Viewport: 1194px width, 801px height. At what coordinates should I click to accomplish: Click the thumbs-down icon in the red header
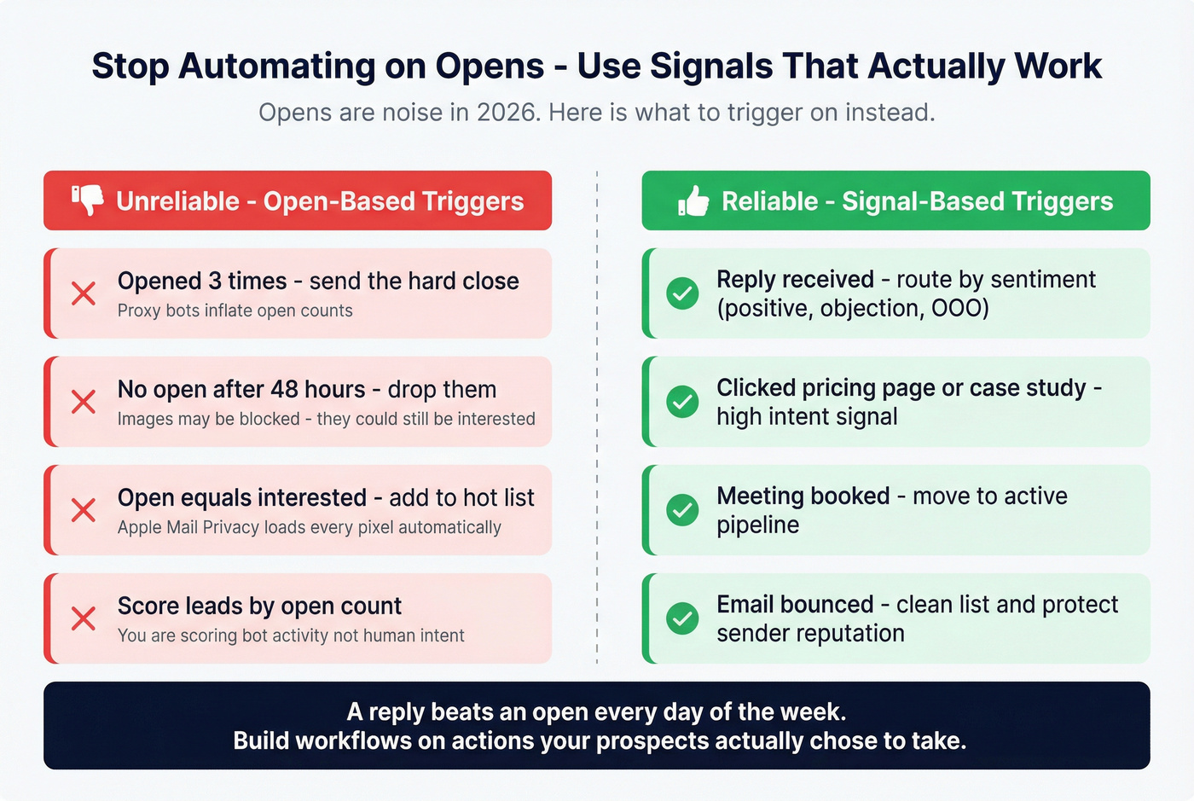click(88, 200)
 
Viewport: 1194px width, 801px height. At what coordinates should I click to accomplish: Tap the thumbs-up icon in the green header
click(693, 201)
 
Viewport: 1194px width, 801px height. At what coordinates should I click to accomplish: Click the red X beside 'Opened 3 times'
click(84, 293)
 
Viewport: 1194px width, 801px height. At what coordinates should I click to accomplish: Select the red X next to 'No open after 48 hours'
click(84, 402)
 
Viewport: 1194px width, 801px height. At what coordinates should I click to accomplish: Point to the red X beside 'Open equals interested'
click(84, 510)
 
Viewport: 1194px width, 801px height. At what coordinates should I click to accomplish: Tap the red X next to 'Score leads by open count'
click(84, 618)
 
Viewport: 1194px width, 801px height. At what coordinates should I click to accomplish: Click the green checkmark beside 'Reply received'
click(682, 293)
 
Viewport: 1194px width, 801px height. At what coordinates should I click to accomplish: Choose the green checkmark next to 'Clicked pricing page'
click(682, 402)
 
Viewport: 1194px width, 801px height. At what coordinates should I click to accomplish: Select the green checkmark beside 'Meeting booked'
click(682, 510)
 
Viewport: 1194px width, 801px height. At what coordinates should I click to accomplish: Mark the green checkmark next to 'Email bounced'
click(682, 618)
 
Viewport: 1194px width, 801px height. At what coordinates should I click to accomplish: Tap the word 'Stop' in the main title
click(130, 67)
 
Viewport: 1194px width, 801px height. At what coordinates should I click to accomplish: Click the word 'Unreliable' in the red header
click(177, 201)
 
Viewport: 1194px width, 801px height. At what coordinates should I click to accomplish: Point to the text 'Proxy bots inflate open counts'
click(235, 311)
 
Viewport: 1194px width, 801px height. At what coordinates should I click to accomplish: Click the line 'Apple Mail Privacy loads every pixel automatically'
click(309, 527)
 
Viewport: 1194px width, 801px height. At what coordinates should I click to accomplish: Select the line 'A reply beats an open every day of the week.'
click(596, 711)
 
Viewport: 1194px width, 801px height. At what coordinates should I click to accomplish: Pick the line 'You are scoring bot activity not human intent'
click(291, 636)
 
